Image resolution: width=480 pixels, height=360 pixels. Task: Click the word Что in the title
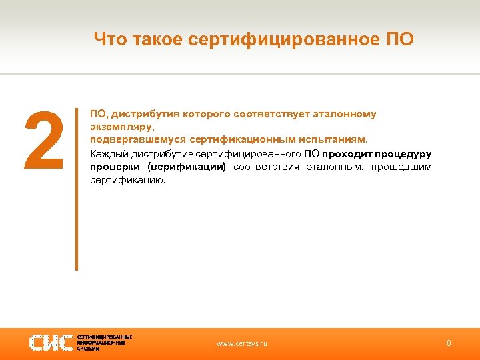(107, 39)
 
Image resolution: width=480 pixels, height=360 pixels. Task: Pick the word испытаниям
(334, 140)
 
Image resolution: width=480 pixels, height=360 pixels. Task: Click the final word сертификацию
(127, 180)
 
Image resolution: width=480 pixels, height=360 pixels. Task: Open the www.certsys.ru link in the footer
(241, 343)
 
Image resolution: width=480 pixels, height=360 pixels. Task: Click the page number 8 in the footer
(449, 343)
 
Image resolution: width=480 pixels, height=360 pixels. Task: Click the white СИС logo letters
(51, 343)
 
